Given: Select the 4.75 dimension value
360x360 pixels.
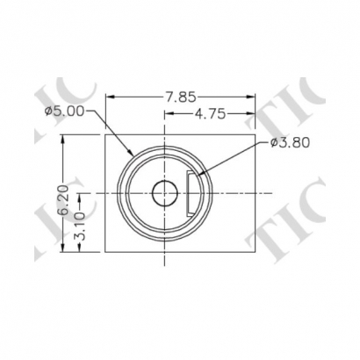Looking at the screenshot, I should (212, 112).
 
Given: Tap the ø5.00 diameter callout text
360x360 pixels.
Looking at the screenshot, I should (65, 111).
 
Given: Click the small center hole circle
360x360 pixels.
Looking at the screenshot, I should (163, 192).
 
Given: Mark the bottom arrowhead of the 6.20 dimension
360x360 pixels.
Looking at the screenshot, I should (62, 247).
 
